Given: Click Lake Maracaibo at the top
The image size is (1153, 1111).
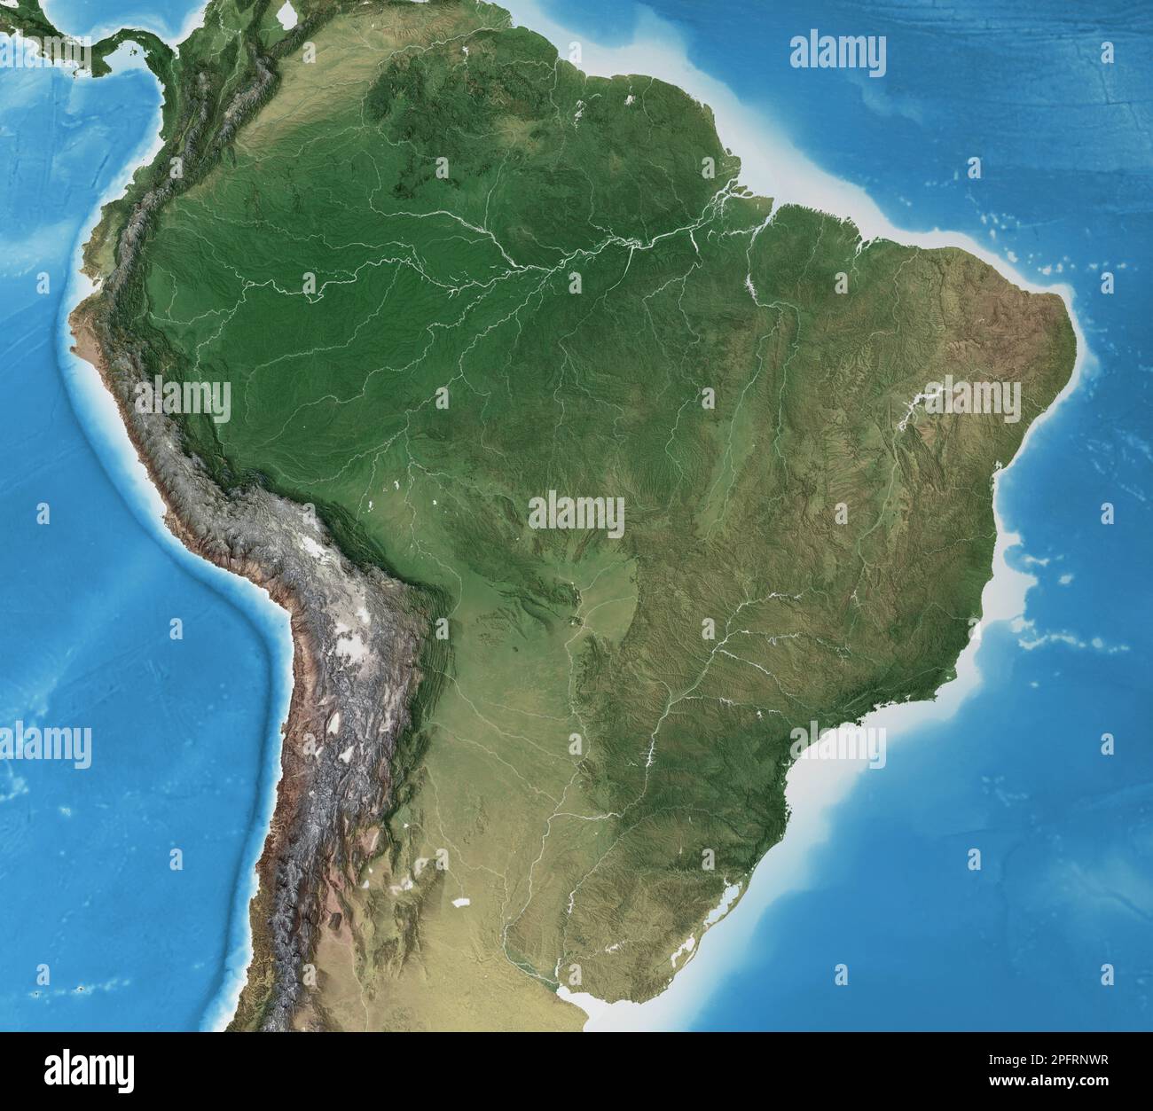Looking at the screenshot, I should [x=286, y=15].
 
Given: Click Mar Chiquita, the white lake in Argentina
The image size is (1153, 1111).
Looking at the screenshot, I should [x=459, y=902].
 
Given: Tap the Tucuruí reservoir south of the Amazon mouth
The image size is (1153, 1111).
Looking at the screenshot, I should [x=751, y=284].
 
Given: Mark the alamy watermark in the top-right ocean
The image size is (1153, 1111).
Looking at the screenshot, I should [x=837, y=53].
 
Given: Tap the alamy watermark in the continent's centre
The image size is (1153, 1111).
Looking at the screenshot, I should [x=576, y=515].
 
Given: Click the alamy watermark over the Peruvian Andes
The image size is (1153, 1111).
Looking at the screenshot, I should [x=183, y=401].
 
